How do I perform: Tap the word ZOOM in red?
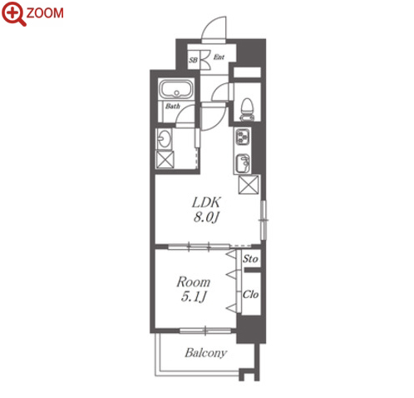tap(45, 13)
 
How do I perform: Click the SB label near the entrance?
tap(193, 60)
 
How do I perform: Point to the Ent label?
tap(219, 57)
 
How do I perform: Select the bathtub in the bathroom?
tap(176, 89)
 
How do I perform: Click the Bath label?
tap(173, 106)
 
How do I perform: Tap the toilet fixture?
tap(247, 110)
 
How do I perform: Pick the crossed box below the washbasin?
tap(165, 160)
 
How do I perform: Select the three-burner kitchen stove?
tap(243, 137)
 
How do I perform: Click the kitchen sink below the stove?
tap(243, 163)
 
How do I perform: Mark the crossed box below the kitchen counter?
tap(249, 185)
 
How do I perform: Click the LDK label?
tap(206, 202)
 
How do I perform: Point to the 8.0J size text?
tap(206, 217)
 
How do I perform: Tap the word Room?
tap(194, 282)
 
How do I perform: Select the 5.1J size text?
tap(194, 296)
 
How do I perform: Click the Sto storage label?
tap(250, 259)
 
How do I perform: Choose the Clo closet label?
tap(251, 294)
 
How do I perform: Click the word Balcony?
tap(206, 353)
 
